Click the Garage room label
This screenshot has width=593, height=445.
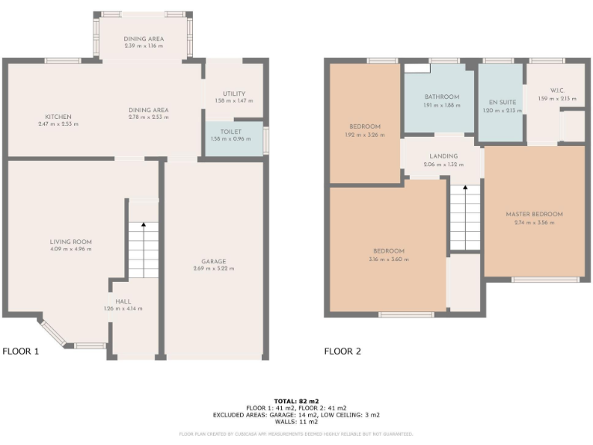pyautogui.click(x=213, y=261)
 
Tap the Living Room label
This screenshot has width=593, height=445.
pyautogui.click(x=71, y=242)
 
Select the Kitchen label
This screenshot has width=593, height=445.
pyautogui.click(x=58, y=117)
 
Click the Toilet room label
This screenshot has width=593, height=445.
pyautogui.click(x=232, y=132)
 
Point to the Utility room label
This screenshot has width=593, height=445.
pyautogui.click(x=233, y=93)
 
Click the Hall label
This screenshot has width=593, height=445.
pyautogui.click(x=124, y=301)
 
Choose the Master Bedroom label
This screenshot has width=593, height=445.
pyautogui.click(x=534, y=214)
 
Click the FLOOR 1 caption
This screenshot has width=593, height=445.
pyautogui.click(x=21, y=351)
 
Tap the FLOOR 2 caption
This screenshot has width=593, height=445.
pyautogui.click(x=342, y=351)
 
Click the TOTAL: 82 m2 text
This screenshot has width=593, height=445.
pyautogui.click(x=296, y=401)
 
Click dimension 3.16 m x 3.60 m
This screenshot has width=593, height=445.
pyautogui.click(x=388, y=260)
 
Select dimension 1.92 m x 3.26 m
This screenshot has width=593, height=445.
pyautogui.click(x=364, y=134)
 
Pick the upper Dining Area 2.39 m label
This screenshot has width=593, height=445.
pyautogui.click(x=144, y=39)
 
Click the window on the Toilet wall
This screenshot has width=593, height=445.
pyautogui.click(x=266, y=140)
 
